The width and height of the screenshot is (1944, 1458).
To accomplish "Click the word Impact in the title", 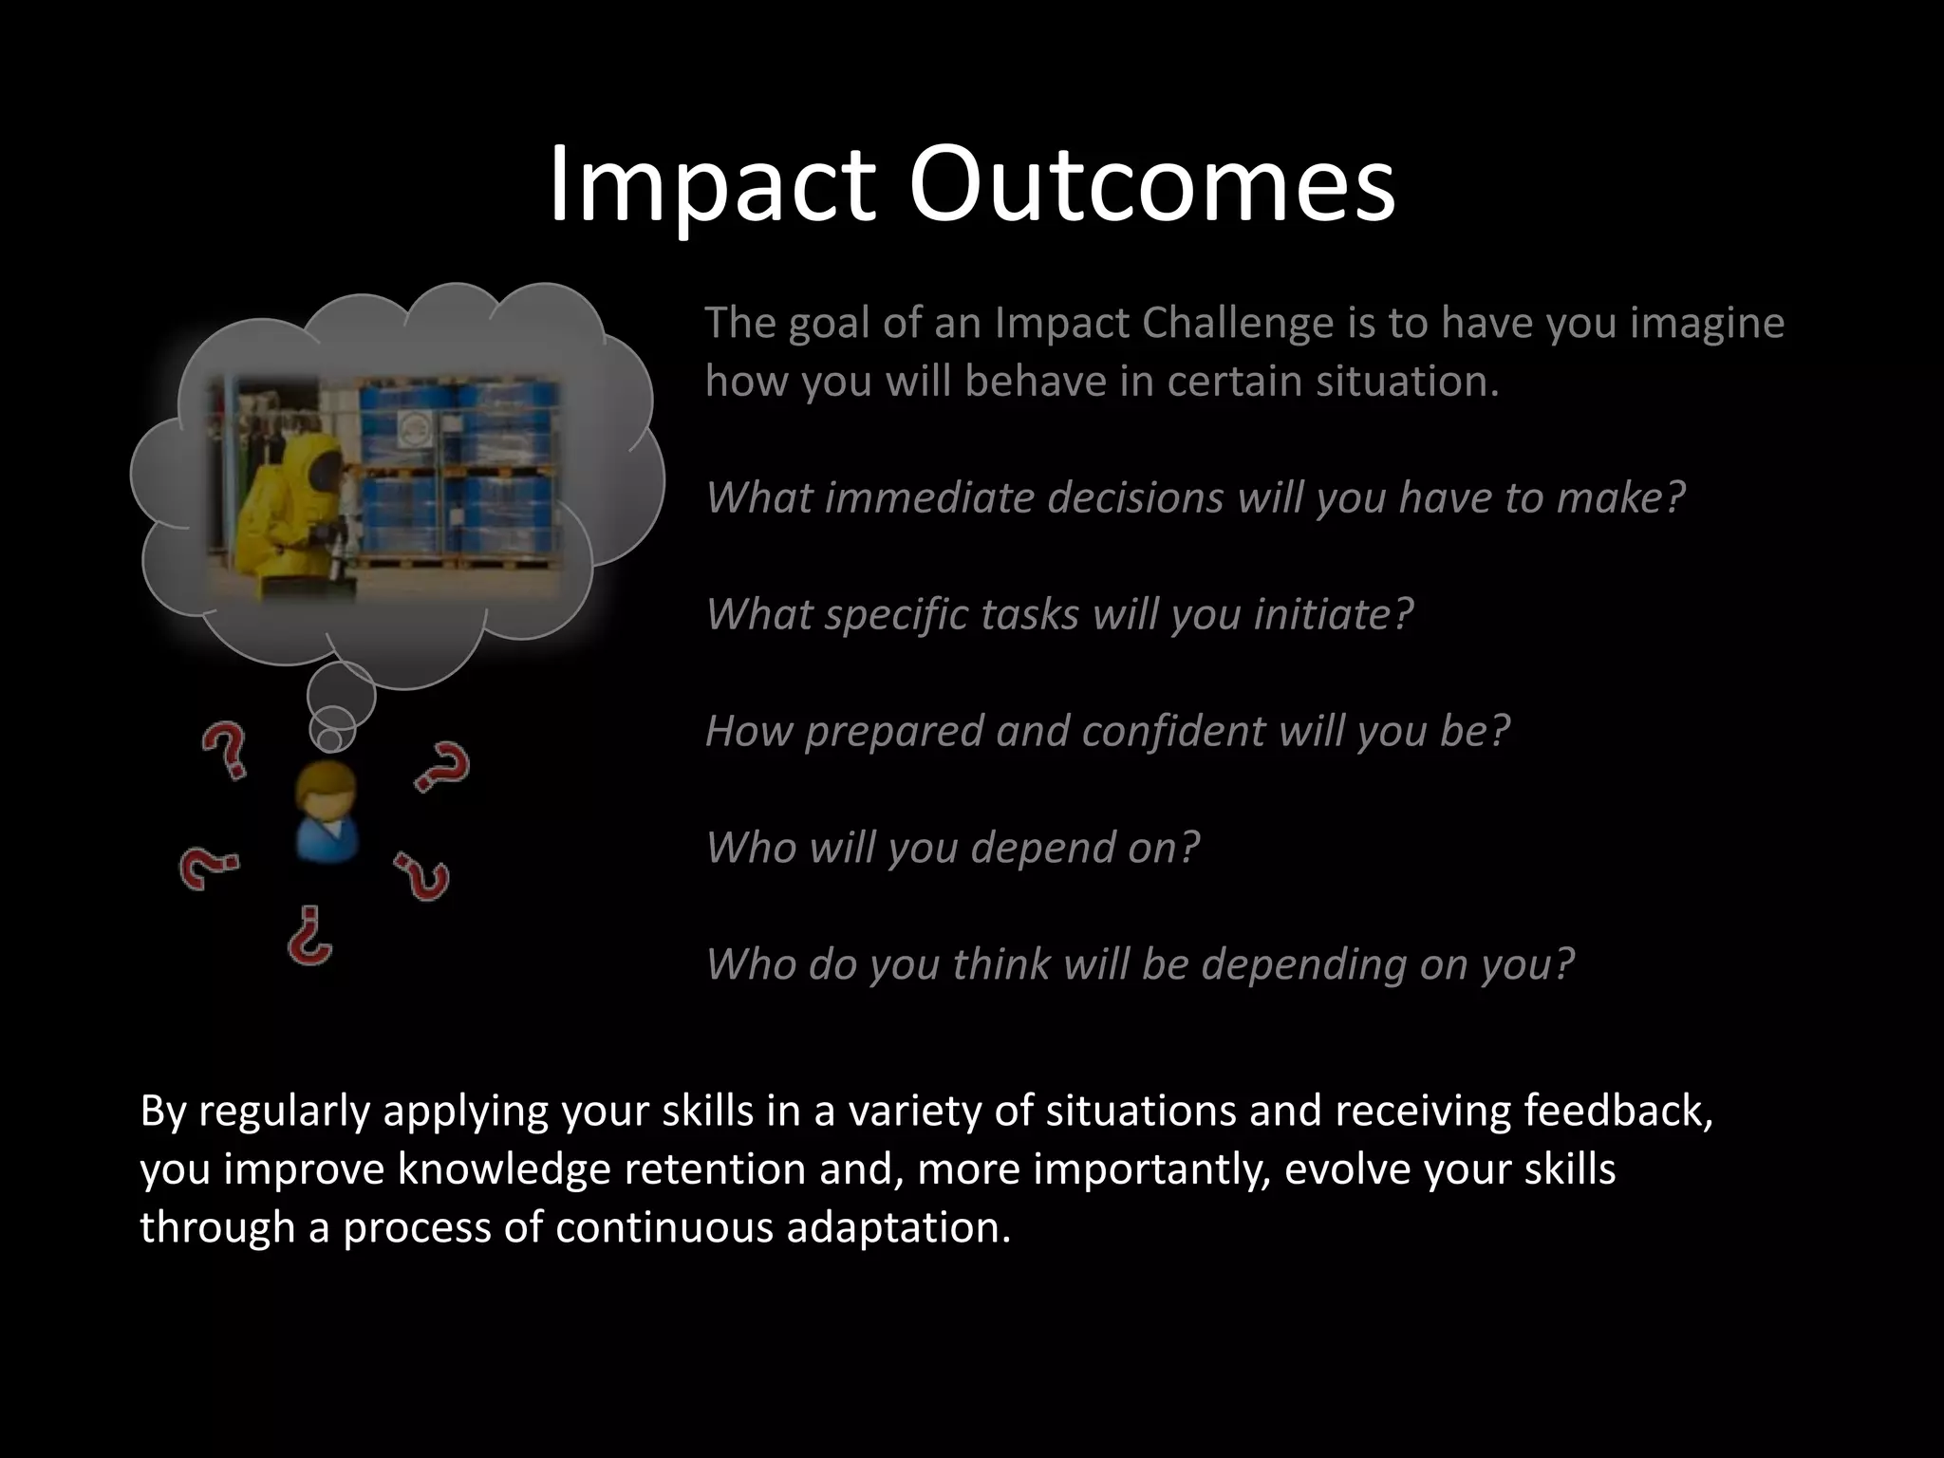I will (x=710, y=184).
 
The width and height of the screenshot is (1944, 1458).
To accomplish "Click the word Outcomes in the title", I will (x=1150, y=184).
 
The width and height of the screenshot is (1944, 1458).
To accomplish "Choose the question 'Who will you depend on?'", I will (x=952, y=848).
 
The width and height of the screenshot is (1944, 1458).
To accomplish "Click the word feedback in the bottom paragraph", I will (x=1617, y=1112).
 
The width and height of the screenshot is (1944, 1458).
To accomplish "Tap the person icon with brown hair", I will (x=325, y=811).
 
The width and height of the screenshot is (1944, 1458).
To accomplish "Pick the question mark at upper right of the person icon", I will (x=443, y=767).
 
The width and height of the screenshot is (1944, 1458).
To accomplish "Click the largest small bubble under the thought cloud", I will (x=342, y=695).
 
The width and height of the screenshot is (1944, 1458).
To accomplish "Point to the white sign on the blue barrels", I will (x=416, y=429).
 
